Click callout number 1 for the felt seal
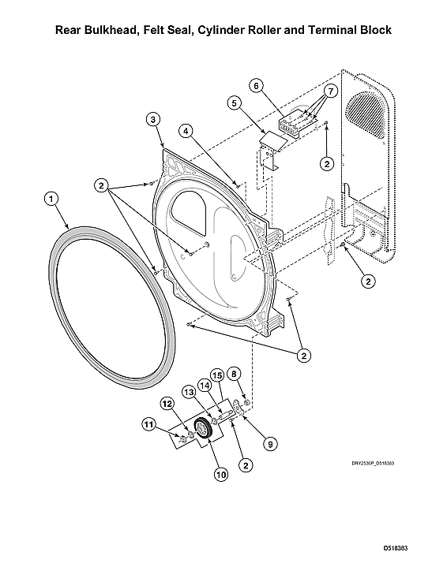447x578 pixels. (x=51, y=200)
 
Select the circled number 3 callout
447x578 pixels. (x=153, y=119)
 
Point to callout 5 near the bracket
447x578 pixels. (x=234, y=102)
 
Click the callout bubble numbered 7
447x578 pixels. (x=330, y=91)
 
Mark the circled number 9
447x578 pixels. (x=269, y=445)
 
